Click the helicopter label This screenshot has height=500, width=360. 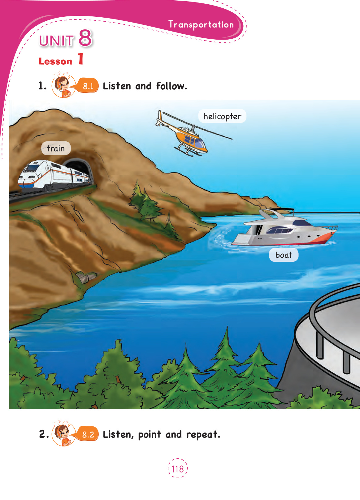[222, 116]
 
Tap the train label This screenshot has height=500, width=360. [56, 148]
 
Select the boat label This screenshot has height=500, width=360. [284, 255]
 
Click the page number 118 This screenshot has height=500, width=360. [178, 469]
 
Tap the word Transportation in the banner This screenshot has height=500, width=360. [201, 24]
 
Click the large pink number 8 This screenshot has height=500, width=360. [85, 38]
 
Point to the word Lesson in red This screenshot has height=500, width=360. [55, 61]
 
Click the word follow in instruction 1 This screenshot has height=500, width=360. [171, 86]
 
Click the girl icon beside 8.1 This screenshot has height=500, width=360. [63, 86]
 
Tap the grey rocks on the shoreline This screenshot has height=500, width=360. [86, 277]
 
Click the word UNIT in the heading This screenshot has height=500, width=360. [56, 41]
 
